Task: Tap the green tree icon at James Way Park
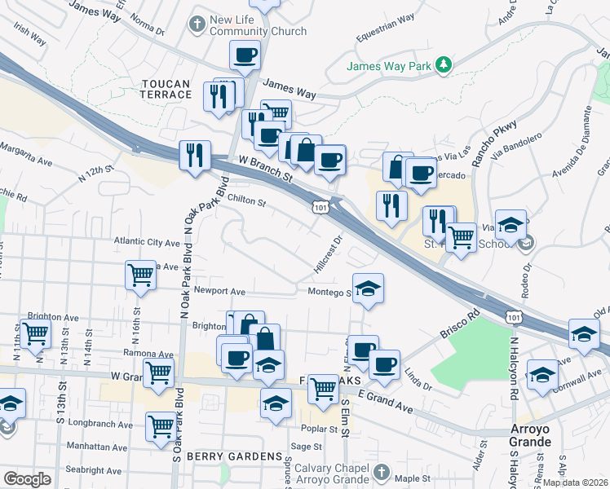pos(442,64)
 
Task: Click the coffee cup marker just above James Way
pos(245,55)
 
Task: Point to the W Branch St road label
pos(265,170)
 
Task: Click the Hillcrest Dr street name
pos(327,254)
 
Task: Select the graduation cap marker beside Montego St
pos(368,289)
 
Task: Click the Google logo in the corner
pos(27,478)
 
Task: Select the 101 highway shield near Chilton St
pos(320,209)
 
